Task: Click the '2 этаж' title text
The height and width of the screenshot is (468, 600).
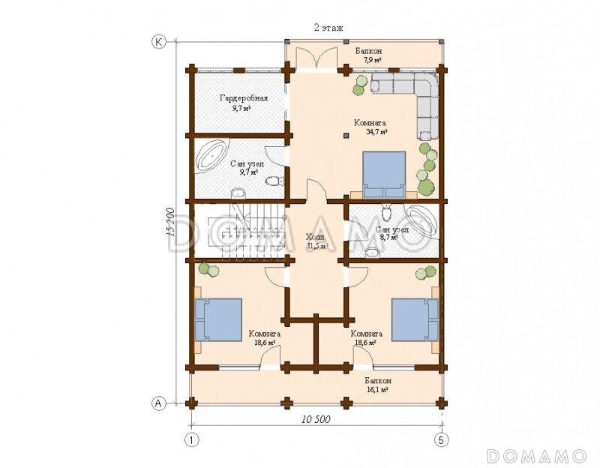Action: click(x=328, y=28)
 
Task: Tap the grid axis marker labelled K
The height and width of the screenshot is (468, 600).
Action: click(x=158, y=42)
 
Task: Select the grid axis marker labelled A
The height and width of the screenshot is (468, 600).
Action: click(x=158, y=403)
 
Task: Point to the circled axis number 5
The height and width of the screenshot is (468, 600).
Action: click(x=441, y=439)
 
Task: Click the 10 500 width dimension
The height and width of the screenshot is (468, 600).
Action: click(x=316, y=419)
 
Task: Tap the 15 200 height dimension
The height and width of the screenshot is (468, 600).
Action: click(x=170, y=223)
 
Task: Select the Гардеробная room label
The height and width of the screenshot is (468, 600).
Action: click(x=244, y=98)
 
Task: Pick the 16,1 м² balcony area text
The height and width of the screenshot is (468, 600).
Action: click(x=378, y=389)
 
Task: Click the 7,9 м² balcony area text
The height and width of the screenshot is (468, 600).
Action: click(x=369, y=60)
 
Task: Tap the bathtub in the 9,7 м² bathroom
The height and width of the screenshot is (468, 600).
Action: click(x=211, y=156)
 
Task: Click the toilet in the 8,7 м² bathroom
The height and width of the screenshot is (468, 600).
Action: click(x=387, y=211)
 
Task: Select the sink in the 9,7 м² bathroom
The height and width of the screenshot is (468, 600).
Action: click(x=239, y=193)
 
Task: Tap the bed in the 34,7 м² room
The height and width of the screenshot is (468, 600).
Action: click(x=384, y=175)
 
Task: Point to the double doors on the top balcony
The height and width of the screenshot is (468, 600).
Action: click(x=317, y=58)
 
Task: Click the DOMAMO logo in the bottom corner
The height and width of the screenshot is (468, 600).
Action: click(x=536, y=456)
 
